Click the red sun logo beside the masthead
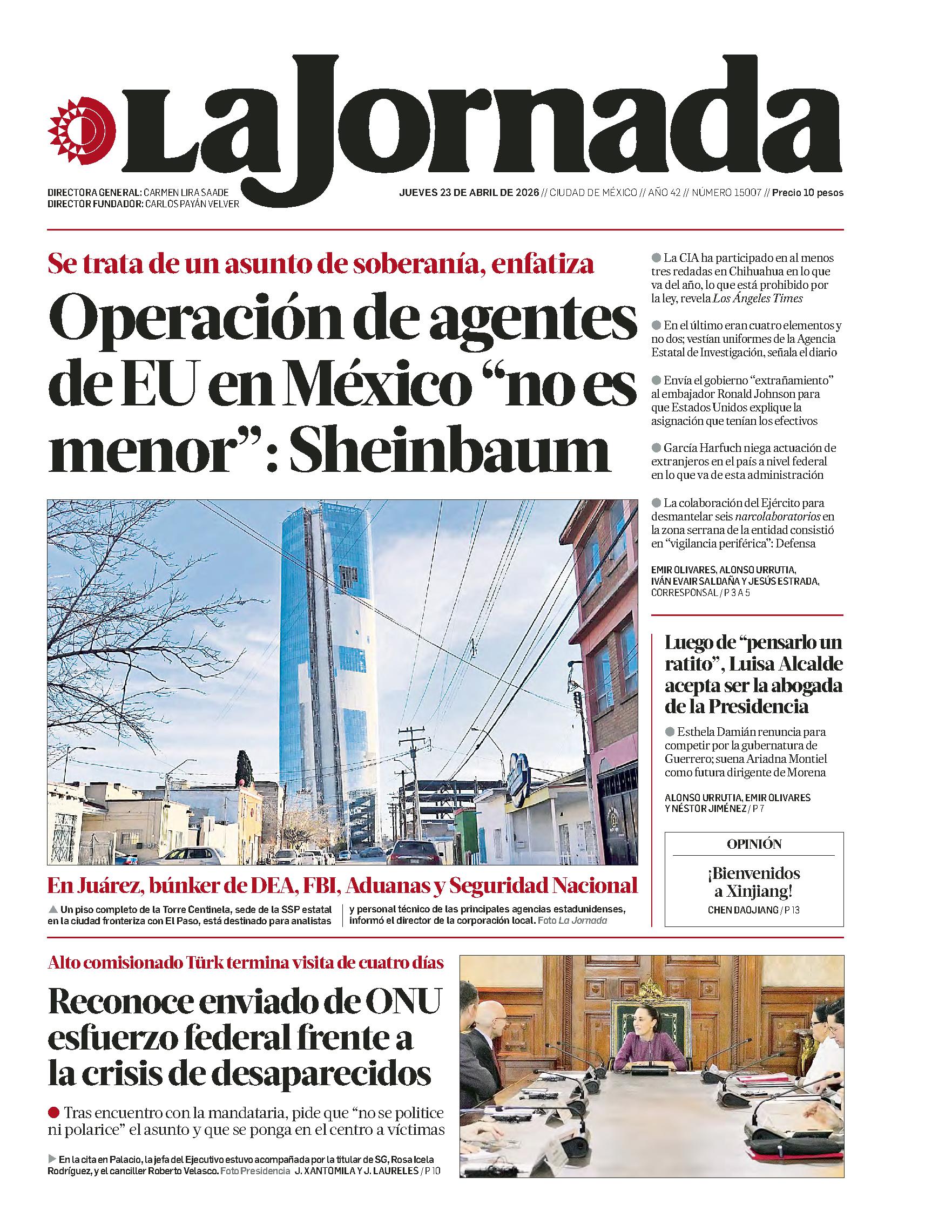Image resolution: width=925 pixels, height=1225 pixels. point(82,132)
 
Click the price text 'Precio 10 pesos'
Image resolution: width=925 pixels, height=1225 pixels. point(808,193)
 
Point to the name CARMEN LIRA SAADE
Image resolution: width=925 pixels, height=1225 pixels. point(186,193)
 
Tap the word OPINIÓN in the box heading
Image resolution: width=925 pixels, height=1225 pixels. point(754,844)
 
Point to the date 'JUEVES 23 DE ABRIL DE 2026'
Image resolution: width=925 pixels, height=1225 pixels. point(469,193)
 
